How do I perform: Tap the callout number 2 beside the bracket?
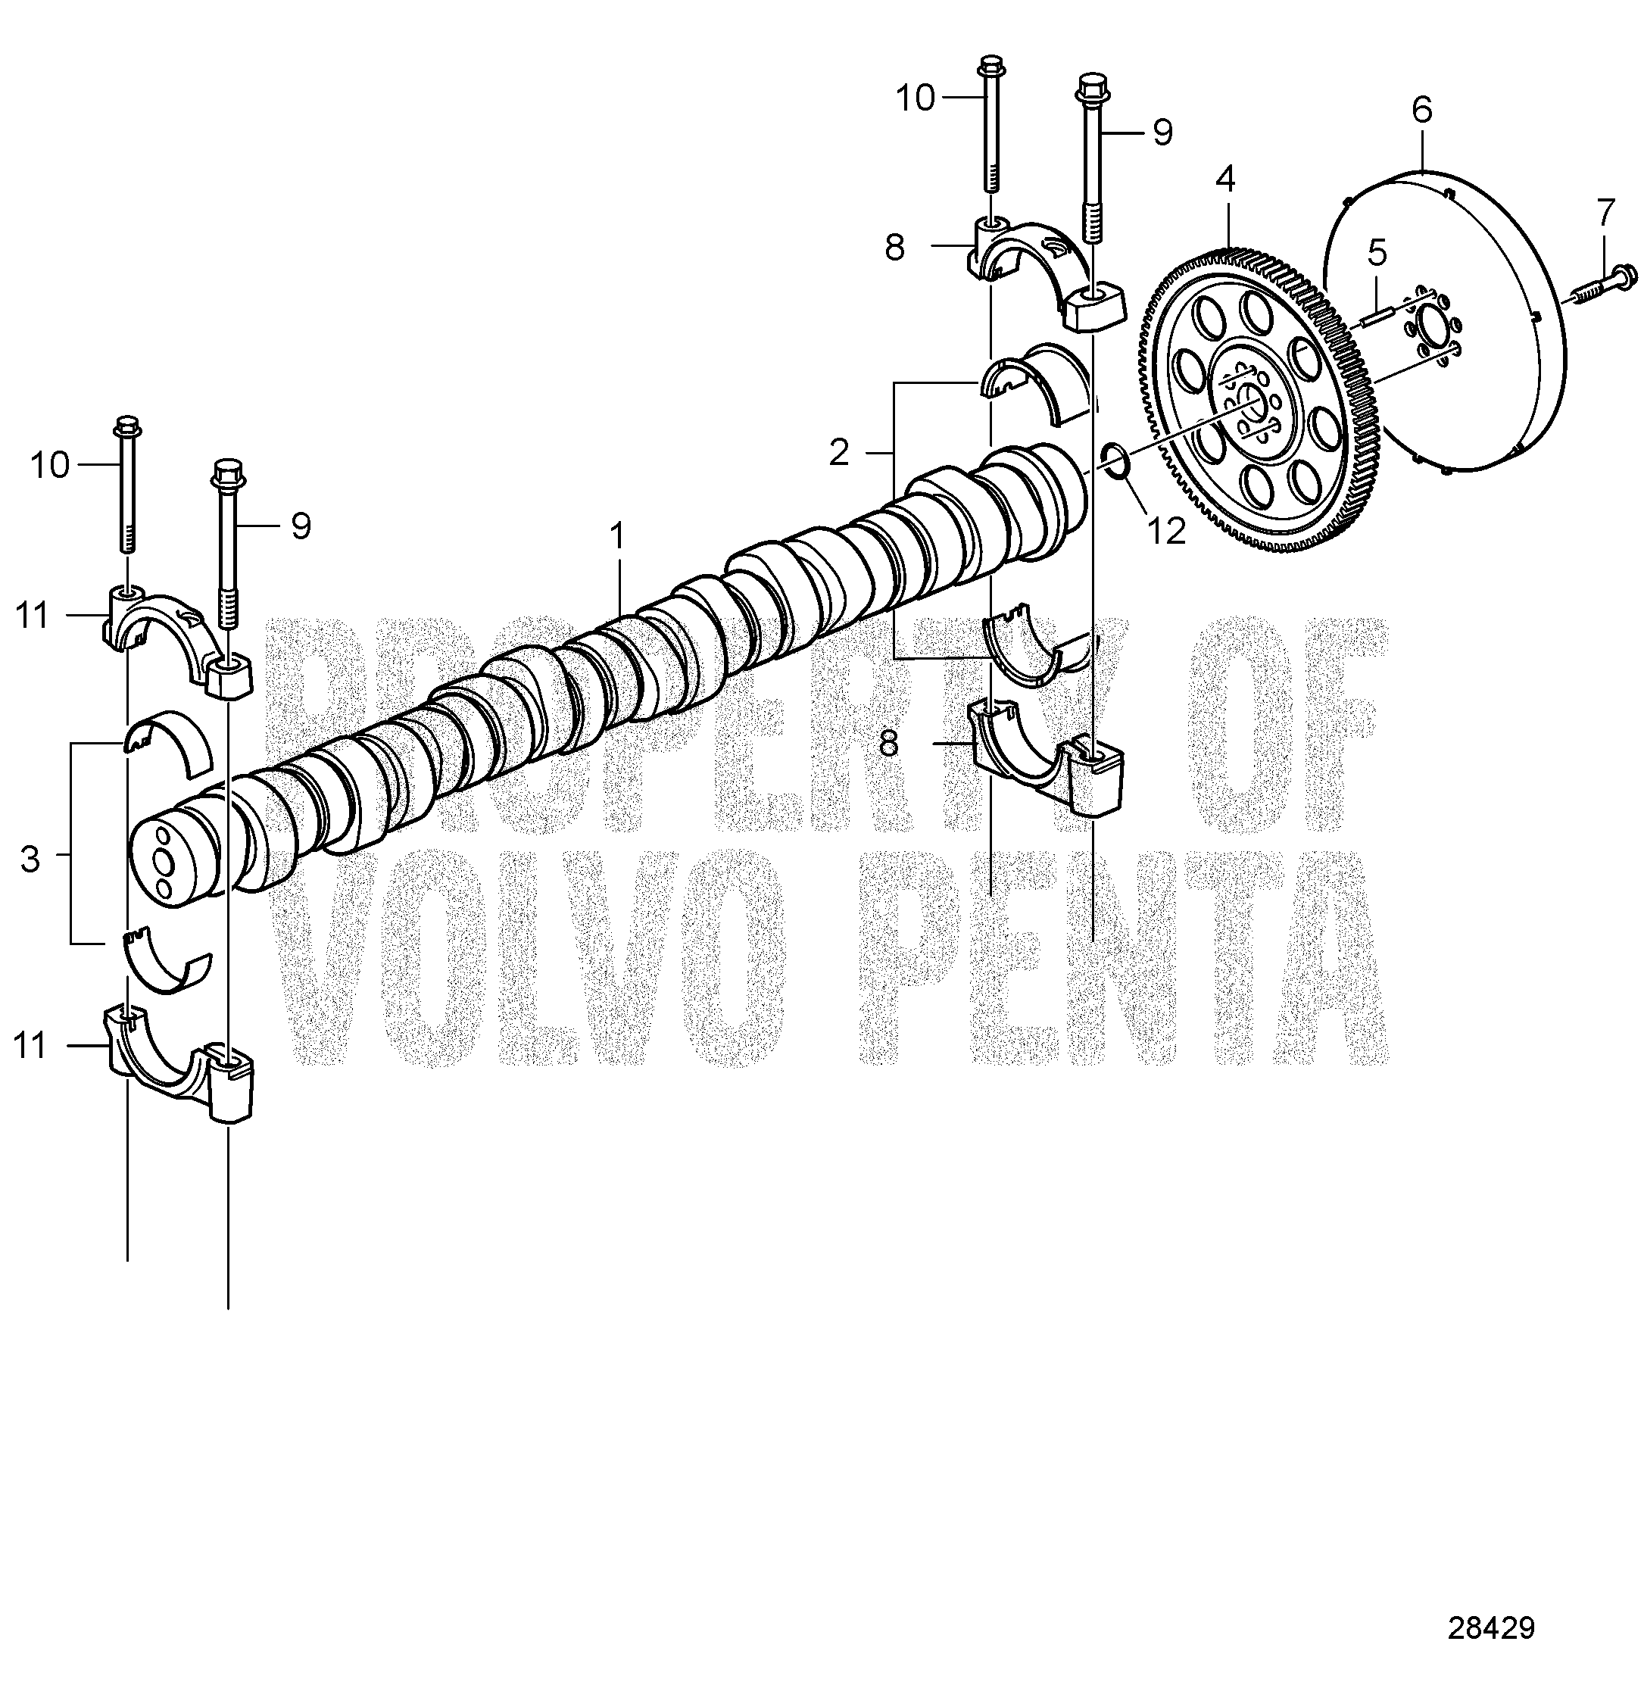coord(838,453)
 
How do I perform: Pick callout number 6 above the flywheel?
coord(1422,110)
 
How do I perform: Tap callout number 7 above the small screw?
coord(1605,211)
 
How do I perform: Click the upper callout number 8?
coord(894,248)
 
